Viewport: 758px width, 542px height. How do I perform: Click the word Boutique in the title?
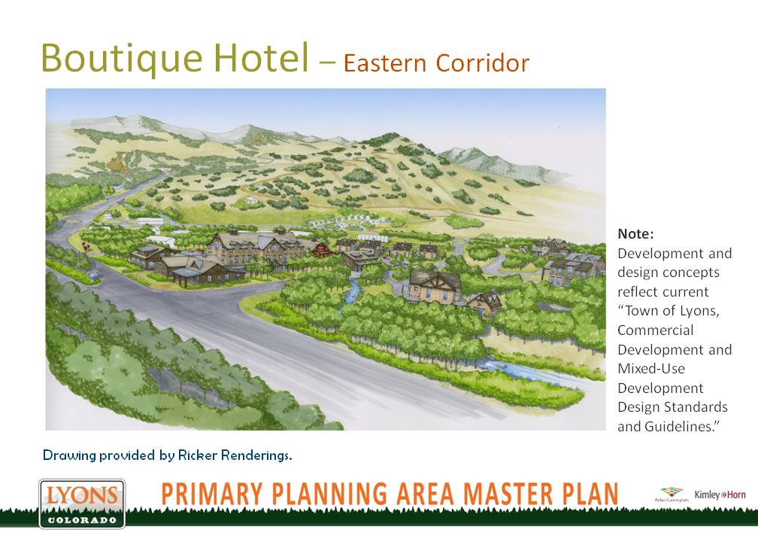click(122, 59)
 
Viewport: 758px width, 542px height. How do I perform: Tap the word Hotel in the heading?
click(261, 57)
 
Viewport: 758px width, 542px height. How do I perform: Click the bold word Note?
click(635, 233)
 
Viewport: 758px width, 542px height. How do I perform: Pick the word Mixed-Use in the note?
click(651, 369)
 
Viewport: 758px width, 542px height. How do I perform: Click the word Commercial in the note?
click(656, 330)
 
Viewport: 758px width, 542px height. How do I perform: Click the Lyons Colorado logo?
click(82, 504)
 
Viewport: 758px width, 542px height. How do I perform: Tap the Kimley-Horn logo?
click(720, 495)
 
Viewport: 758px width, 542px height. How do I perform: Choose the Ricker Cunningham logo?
click(672, 495)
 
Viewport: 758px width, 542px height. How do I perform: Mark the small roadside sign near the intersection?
click(93, 274)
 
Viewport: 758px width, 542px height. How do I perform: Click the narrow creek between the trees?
click(353, 290)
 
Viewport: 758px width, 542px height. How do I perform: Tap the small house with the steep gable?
click(485, 303)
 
